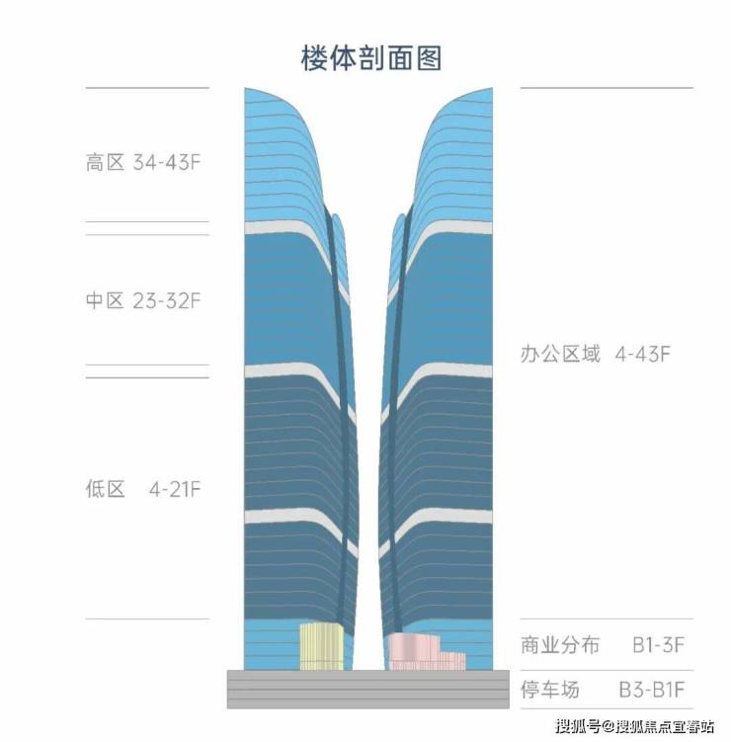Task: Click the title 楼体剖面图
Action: pyautogui.click(x=371, y=58)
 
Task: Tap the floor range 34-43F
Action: pyautogui.click(x=167, y=162)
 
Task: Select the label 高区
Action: pyautogui.click(x=105, y=162)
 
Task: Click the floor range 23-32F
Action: pyautogui.click(x=167, y=300)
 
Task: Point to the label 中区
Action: pyautogui.click(x=105, y=300)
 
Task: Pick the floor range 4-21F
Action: pyautogui.click(x=175, y=489)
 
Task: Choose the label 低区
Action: pyautogui.click(x=105, y=489)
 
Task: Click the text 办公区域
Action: pyautogui.click(x=560, y=354)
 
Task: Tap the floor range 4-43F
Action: pyautogui.click(x=643, y=354)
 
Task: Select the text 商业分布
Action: pyautogui.click(x=560, y=644)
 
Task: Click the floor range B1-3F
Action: pyautogui.click(x=659, y=644)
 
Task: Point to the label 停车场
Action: pyautogui.click(x=550, y=690)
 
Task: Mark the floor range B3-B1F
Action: pyautogui.click(x=652, y=690)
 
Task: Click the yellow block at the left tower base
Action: pyautogui.click(x=321, y=646)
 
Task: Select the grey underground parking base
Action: pyautogui.click(x=368, y=689)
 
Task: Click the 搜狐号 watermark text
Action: pyautogui.click(x=579, y=726)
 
